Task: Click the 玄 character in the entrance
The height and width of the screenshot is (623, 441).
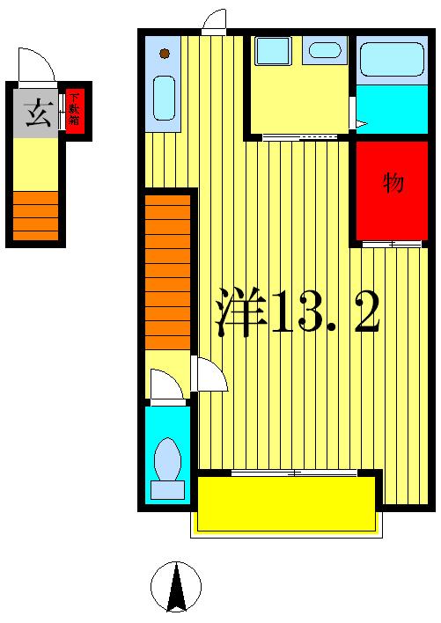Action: [x=38, y=115]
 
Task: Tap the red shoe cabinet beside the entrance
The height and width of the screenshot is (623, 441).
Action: [x=76, y=110]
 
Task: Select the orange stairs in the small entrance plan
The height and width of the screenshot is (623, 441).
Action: [x=36, y=215]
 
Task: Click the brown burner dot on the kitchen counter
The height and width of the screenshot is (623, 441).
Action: [x=165, y=55]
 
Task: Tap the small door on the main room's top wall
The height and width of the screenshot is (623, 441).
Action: [x=213, y=21]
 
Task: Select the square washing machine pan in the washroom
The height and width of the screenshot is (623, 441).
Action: [x=272, y=51]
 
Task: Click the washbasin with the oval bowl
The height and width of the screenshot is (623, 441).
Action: [x=325, y=50]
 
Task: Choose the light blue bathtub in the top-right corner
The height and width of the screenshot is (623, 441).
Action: [x=392, y=59]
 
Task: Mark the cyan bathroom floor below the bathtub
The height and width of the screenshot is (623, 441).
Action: [x=392, y=108]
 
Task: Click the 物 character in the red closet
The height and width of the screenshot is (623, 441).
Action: [x=393, y=183]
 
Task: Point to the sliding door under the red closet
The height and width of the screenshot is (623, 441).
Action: [x=392, y=243]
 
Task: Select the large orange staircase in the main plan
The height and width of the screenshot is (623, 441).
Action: [x=167, y=273]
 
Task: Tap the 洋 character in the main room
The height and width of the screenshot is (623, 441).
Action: [x=240, y=312]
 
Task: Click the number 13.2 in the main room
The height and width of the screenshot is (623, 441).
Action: [x=326, y=312]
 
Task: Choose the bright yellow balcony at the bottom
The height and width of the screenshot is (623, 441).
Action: [x=286, y=504]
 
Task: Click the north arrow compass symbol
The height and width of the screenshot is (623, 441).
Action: [x=176, y=586]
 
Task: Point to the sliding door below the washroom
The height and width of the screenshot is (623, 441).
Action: [x=299, y=137]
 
